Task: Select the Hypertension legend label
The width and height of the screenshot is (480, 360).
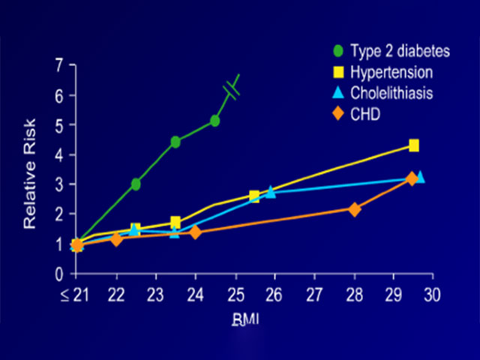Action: pyautogui.click(x=392, y=73)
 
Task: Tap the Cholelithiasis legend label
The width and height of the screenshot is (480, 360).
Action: pyautogui.click(x=392, y=94)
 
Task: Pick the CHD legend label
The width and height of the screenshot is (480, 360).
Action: pyautogui.click(x=365, y=115)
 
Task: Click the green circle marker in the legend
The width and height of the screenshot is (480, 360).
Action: pyautogui.click(x=338, y=52)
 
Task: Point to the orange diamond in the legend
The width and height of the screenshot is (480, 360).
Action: pyautogui.click(x=338, y=115)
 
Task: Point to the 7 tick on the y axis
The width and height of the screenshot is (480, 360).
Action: pyautogui.click(x=59, y=65)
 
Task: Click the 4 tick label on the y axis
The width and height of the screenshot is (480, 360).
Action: pyautogui.click(x=59, y=155)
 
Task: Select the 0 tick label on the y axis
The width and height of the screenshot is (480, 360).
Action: pyautogui.click(x=59, y=274)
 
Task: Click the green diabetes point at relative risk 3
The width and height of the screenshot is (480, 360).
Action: pyautogui.click(x=136, y=184)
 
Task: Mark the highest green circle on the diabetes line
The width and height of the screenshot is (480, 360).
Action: pyautogui.click(x=215, y=120)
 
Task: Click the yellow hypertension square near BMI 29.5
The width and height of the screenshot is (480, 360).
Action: pyautogui.click(x=413, y=145)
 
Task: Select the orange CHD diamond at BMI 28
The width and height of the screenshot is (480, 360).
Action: pyautogui.click(x=355, y=209)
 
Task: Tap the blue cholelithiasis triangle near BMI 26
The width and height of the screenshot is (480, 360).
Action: pyautogui.click(x=271, y=192)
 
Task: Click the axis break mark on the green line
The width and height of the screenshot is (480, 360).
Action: pyautogui.click(x=231, y=91)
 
